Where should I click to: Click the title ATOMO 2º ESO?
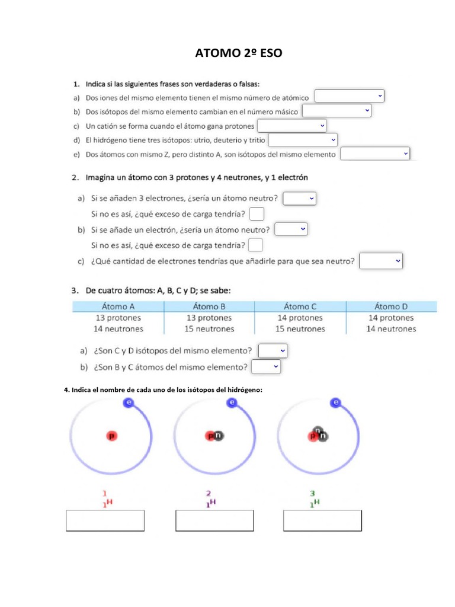click(239, 54)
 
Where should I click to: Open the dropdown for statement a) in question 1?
click(350, 96)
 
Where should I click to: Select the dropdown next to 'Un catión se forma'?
click(292, 126)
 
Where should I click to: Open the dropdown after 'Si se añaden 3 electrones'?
click(300, 199)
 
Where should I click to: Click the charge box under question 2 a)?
click(257, 214)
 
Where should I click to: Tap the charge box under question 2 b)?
click(255, 245)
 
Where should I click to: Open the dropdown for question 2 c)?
click(382, 261)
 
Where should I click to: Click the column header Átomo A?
click(118, 306)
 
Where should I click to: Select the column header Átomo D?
click(391, 306)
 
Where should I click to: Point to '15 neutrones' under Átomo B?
click(209, 328)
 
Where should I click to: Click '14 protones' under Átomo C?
click(300, 318)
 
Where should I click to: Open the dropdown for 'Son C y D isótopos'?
click(273, 351)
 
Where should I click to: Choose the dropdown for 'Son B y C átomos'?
click(266, 368)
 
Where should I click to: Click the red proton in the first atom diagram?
click(111, 436)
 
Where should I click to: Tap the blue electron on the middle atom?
click(232, 403)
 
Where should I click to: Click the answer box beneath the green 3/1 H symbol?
click(322, 520)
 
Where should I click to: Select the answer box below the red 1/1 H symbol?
click(105, 520)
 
